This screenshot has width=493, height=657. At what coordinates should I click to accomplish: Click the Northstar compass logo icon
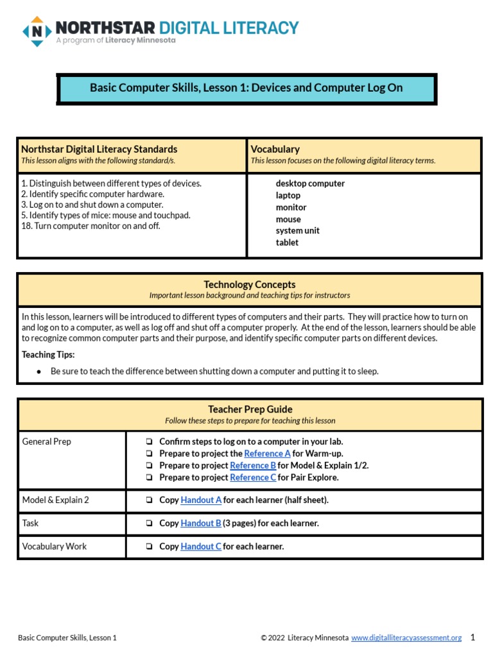(37, 31)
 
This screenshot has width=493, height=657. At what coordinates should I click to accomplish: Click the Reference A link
(267, 454)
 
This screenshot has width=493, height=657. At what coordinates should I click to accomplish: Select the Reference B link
(253, 466)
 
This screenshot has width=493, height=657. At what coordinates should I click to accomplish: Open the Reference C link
(253, 477)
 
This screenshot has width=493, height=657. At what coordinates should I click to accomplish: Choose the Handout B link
(201, 524)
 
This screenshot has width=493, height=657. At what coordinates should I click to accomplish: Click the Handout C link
(201, 547)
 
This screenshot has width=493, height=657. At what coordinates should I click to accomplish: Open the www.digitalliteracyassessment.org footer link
(406, 638)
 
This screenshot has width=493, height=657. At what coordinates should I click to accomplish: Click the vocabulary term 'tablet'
(287, 243)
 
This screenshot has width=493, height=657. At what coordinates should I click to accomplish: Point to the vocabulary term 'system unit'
(297, 231)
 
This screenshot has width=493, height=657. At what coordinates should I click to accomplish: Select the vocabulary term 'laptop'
(288, 196)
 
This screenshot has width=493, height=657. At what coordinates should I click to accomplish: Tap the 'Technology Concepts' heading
(250, 285)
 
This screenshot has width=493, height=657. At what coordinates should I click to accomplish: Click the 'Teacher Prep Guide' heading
(250, 409)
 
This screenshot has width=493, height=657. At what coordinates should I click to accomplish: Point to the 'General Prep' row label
(46, 442)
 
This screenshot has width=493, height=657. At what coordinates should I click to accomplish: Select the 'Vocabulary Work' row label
(54, 547)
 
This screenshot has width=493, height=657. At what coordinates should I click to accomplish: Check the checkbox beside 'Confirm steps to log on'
(149, 442)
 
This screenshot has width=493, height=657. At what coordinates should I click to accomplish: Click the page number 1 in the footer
(472, 637)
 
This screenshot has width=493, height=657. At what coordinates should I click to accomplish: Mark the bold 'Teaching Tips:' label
(48, 355)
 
